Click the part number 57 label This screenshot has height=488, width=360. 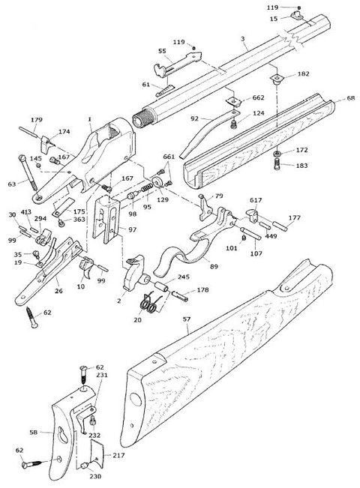coord(187,319)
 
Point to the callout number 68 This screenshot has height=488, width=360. coord(351,98)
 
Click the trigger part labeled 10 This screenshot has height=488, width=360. coord(86,267)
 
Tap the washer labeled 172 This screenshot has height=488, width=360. coord(277,154)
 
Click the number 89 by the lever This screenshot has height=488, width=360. coord(214,266)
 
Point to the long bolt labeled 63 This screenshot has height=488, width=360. coord(28,172)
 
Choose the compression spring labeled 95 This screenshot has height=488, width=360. coord(147,188)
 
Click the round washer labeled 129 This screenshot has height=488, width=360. coord(157,182)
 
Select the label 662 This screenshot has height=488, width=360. coord(258,97)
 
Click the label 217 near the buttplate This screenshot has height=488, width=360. coord(118,455)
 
